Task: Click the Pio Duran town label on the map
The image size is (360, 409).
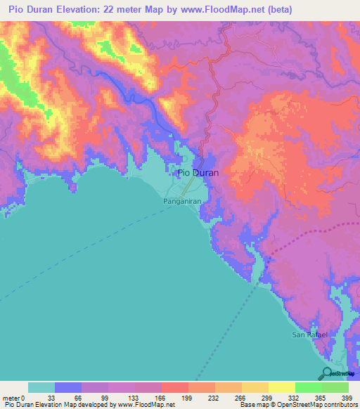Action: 198,172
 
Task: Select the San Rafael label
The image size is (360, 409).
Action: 310,335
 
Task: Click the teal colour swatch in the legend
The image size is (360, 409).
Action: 41,387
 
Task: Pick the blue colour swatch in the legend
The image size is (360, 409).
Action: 68,387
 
